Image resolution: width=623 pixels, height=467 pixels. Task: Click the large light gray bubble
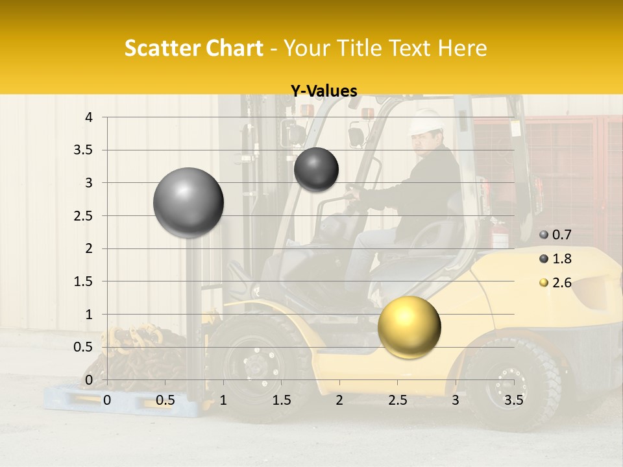point(189,202)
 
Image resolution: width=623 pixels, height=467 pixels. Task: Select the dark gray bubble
point(316,169)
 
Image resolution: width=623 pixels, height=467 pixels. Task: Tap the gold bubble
point(409,326)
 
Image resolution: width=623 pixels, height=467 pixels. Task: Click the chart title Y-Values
point(323,91)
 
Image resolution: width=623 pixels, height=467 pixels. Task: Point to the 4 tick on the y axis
point(89,117)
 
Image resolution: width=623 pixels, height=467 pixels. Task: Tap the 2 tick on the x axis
point(339,400)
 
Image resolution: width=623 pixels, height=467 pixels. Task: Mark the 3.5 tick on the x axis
point(513,400)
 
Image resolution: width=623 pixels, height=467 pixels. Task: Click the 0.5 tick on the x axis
point(165,400)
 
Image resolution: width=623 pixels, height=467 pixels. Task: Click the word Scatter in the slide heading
point(158,48)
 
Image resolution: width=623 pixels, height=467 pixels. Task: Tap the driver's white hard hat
point(426,121)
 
